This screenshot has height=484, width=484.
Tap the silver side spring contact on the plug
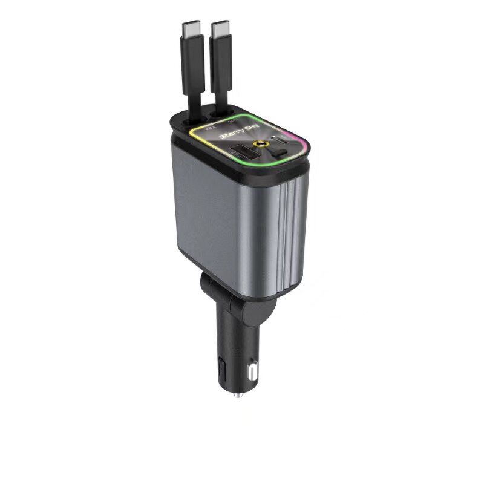coord(252,368)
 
